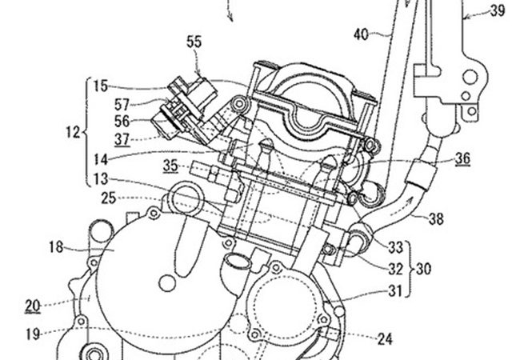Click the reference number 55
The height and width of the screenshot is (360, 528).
coord(194,42)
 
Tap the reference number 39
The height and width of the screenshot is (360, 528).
coord(498,11)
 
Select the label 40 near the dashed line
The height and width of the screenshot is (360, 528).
coord(361,34)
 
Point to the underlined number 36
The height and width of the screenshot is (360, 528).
coord(462,158)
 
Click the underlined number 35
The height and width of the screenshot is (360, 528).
coord(170,166)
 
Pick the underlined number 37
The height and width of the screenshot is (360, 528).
coord(122,139)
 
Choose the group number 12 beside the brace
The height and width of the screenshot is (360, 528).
coord(73,132)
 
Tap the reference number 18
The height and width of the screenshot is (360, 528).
coord(56,247)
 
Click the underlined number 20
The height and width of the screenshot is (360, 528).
coord(33,306)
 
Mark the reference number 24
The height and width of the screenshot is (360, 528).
coord(385,339)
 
